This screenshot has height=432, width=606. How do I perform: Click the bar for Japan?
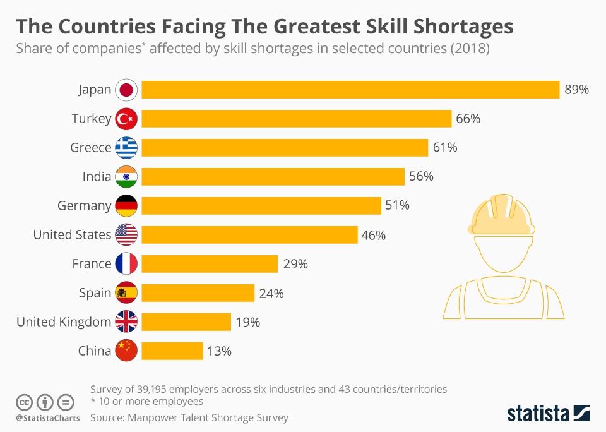point(350,90)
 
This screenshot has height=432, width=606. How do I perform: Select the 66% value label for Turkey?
point(468,119)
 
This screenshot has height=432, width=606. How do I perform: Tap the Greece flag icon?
point(126,148)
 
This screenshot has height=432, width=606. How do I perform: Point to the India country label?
point(97,177)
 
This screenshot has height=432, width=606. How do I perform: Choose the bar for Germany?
point(261,206)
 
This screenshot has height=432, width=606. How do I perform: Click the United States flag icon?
point(126,235)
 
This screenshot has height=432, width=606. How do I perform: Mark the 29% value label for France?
point(295,264)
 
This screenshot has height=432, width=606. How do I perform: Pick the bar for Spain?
point(198,293)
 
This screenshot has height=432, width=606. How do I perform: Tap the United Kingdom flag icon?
point(126,322)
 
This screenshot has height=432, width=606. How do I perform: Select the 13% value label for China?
point(219,351)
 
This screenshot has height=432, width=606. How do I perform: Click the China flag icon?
point(126,351)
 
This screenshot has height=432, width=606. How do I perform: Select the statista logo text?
point(537,414)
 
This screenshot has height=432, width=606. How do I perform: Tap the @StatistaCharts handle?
point(48,418)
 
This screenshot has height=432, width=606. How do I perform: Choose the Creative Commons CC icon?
point(24,402)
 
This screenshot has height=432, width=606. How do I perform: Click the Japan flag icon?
point(126,90)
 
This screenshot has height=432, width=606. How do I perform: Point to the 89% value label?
point(576,90)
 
